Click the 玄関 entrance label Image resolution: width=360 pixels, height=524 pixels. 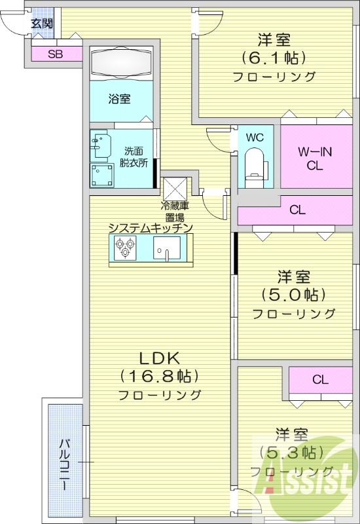(x=42, y=24)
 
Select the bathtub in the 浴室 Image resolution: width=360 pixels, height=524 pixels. (x=121, y=63)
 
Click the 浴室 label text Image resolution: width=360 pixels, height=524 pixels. (x=119, y=99)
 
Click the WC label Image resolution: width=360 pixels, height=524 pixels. (x=255, y=138)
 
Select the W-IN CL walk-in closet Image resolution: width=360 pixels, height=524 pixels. (x=315, y=159)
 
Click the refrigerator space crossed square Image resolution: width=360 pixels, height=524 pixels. (x=175, y=189)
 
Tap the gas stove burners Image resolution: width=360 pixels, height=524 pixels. (x=124, y=249)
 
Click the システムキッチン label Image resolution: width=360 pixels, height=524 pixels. (x=150, y=228)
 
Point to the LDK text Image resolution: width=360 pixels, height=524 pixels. (x=159, y=358)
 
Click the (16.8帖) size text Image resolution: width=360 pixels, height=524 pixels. (x=159, y=377)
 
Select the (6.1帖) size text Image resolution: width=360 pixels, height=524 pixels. (x=274, y=58)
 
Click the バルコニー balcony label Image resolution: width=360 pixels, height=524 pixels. (x=65, y=462)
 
